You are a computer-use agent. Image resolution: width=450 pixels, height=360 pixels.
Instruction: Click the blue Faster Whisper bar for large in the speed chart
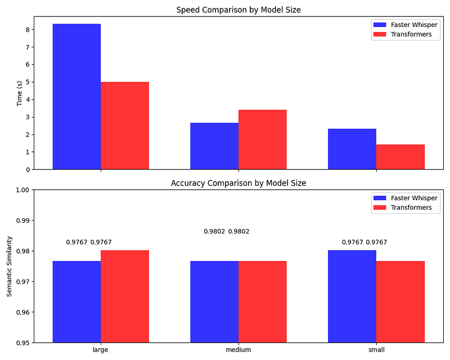click(x=76, y=97)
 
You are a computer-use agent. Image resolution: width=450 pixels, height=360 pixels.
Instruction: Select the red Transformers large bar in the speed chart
click(x=125, y=126)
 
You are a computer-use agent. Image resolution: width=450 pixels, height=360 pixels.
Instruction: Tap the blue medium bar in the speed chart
click(x=214, y=146)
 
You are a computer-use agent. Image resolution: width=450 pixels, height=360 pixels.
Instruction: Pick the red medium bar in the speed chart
click(x=263, y=139)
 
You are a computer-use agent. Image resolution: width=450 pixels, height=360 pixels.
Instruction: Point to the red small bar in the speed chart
click(x=400, y=157)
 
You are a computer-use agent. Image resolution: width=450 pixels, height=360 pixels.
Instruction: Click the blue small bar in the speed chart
click(x=352, y=149)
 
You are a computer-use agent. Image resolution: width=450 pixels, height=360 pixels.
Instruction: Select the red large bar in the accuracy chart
click(x=125, y=296)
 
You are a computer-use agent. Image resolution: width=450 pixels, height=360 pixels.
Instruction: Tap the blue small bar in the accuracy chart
click(x=352, y=296)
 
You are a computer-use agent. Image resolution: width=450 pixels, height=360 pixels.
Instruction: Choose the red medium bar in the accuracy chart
click(x=263, y=301)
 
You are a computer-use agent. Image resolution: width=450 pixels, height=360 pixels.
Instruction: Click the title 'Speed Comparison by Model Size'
click(x=238, y=10)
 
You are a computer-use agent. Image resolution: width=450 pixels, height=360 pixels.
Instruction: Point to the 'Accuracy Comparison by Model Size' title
click(x=238, y=183)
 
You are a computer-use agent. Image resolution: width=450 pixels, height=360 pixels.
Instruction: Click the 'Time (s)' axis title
click(x=20, y=93)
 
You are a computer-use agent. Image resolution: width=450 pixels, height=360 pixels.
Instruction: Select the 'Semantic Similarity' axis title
click(x=9, y=266)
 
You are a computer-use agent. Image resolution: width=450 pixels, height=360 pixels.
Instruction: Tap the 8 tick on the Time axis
click(x=28, y=30)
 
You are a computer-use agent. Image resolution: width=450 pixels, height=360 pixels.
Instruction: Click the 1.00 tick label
click(x=23, y=190)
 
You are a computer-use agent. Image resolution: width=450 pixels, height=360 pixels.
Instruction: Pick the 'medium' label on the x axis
click(x=238, y=350)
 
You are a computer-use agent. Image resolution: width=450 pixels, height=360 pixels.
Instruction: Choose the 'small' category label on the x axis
click(x=376, y=350)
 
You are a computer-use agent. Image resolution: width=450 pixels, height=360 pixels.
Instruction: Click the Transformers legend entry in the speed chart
click(x=403, y=34)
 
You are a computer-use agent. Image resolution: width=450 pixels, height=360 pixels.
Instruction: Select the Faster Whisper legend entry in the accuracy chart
click(x=406, y=198)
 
